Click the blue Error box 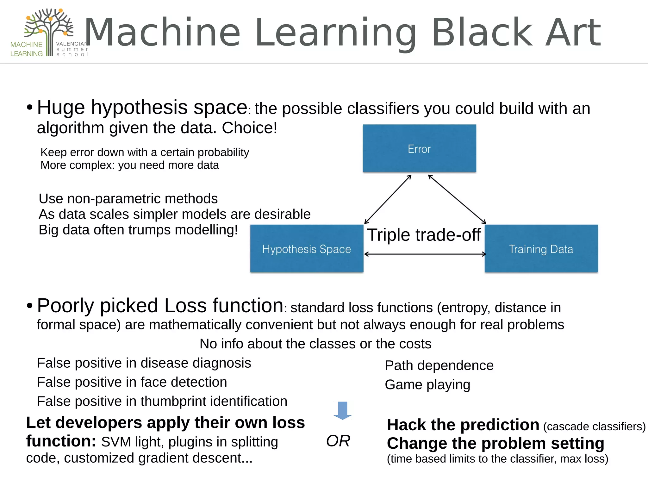(x=419, y=148)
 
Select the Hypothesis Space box (x=306, y=249)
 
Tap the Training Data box (x=541, y=249)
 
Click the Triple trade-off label (x=424, y=235)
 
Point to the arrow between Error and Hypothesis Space (x=388, y=199)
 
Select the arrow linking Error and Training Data (x=457, y=199)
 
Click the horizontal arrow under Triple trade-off (x=425, y=254)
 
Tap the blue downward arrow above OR (x=343, y=410)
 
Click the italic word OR (x=338, y=441)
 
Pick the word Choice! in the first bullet (x=249, y=128)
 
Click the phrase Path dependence (x=439, y=365)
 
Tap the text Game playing (x=427, y=385)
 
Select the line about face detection (x=132, y=382)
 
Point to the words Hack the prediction (x=463, y=425)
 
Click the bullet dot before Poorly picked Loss (x=29, y=306)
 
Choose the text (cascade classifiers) (x=594, y=427)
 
